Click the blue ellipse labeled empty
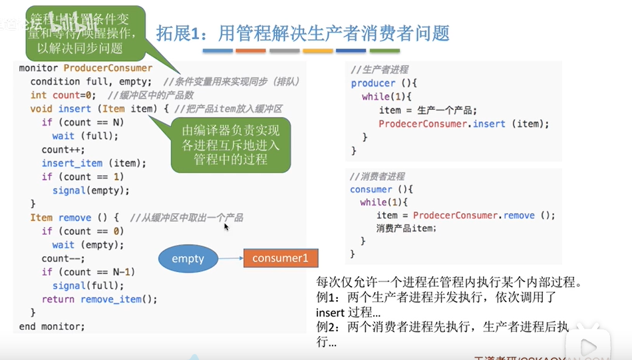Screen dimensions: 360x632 188,258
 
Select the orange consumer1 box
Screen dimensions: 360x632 280,258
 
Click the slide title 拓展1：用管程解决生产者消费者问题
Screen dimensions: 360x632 303,33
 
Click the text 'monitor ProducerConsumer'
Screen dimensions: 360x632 86,68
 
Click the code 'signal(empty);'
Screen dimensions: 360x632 91,190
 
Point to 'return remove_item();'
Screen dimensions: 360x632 100,299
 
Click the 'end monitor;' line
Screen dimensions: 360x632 52,326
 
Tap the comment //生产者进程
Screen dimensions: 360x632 380,69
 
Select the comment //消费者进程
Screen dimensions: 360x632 377,176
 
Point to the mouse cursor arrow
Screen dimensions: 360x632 226,227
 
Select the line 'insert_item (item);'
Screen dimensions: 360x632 94,163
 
